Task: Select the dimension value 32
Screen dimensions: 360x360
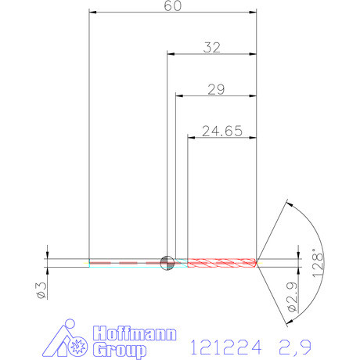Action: (211, 48)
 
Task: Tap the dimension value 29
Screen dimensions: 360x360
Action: (217, 90)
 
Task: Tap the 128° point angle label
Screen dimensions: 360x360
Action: (316, 261)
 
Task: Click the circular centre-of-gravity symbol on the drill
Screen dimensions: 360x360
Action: (166, 262)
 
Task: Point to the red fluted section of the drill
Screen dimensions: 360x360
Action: (222, 261)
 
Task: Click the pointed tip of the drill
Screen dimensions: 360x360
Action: (258, 262)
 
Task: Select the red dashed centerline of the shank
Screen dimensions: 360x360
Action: (125, 262)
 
